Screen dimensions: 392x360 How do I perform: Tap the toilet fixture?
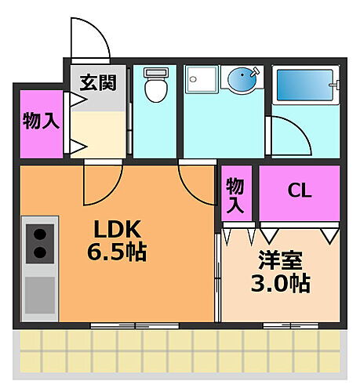tap(155, 85)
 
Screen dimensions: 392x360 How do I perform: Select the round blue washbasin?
tap(242, 79)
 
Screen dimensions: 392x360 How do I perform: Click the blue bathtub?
tap(304, 85)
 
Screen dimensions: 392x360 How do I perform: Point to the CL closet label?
tap(298, 191)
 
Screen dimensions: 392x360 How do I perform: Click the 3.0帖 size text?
tap(280, 283)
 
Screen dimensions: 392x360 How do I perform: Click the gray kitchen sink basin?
tap(40, 293)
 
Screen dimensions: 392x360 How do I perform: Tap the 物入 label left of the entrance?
tap(38, 122)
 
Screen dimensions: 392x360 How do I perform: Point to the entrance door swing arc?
tap(88, 35)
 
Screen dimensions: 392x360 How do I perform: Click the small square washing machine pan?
tap(201, 80)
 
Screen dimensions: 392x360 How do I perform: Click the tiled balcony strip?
tap(180, 350)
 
